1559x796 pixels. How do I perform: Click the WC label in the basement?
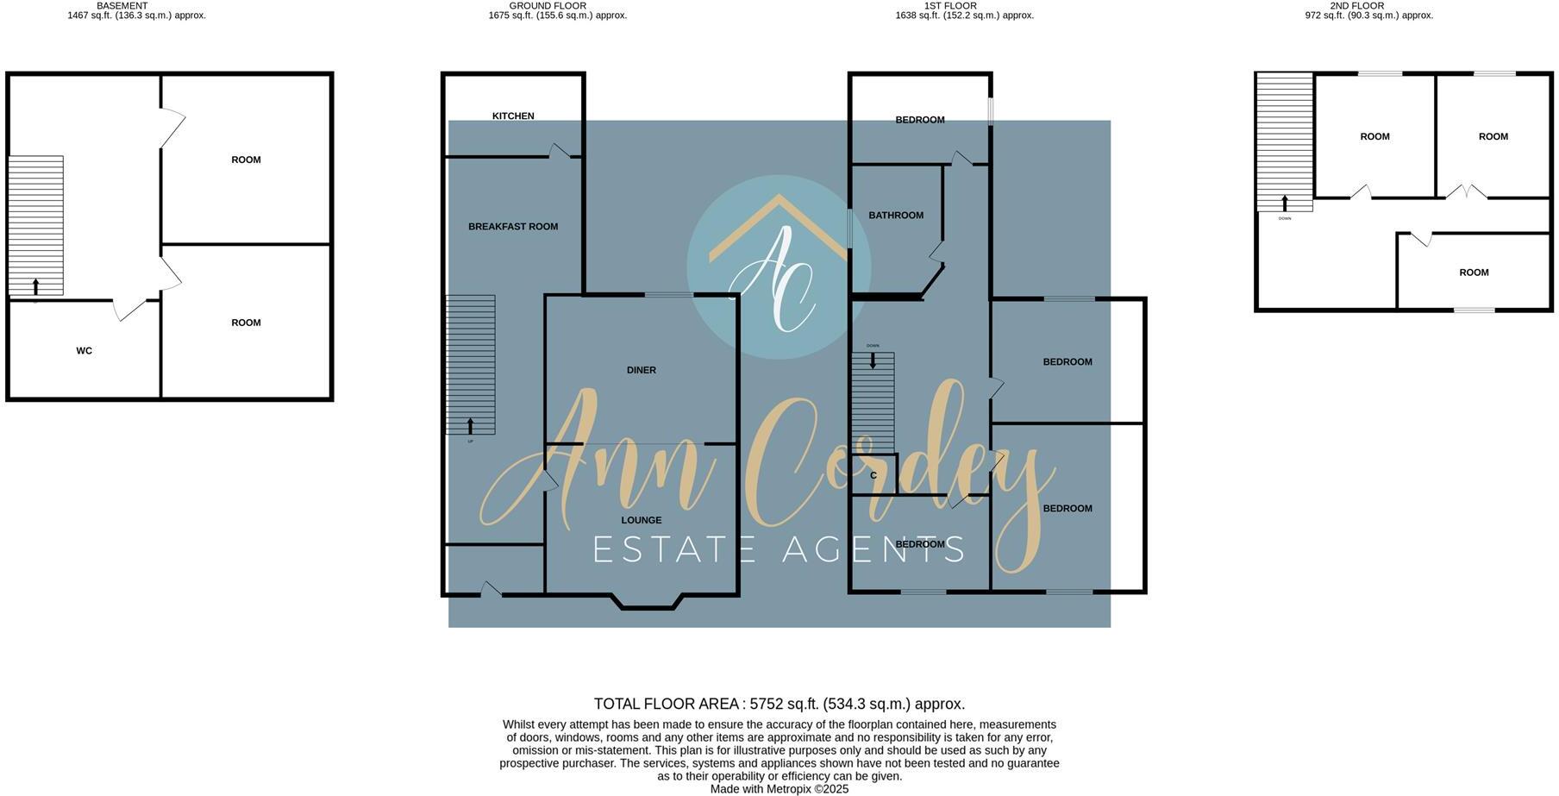point(84,351)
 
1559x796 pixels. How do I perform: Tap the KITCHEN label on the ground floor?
point(513,116)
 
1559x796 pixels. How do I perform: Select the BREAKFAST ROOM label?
point(513,227)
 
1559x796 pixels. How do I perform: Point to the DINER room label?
point(641,370)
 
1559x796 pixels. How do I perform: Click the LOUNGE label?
point(641,520)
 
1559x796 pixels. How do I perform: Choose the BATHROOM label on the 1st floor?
point(895,216)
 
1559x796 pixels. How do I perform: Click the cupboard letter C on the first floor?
point(873,475)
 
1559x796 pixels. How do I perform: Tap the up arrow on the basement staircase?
point(35,287)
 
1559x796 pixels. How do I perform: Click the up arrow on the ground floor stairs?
point(470,426)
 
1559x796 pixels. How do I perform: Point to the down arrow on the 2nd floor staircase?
point(1285,204)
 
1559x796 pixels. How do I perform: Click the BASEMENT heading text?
point(122,5)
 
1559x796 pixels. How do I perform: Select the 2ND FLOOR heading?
point(1356,5)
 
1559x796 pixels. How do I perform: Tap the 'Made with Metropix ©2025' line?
point(779,789)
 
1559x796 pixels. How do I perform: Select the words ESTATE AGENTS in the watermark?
point(779,549)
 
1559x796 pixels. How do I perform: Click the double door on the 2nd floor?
point(1466,191)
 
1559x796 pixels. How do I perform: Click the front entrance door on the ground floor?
point(491,591)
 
